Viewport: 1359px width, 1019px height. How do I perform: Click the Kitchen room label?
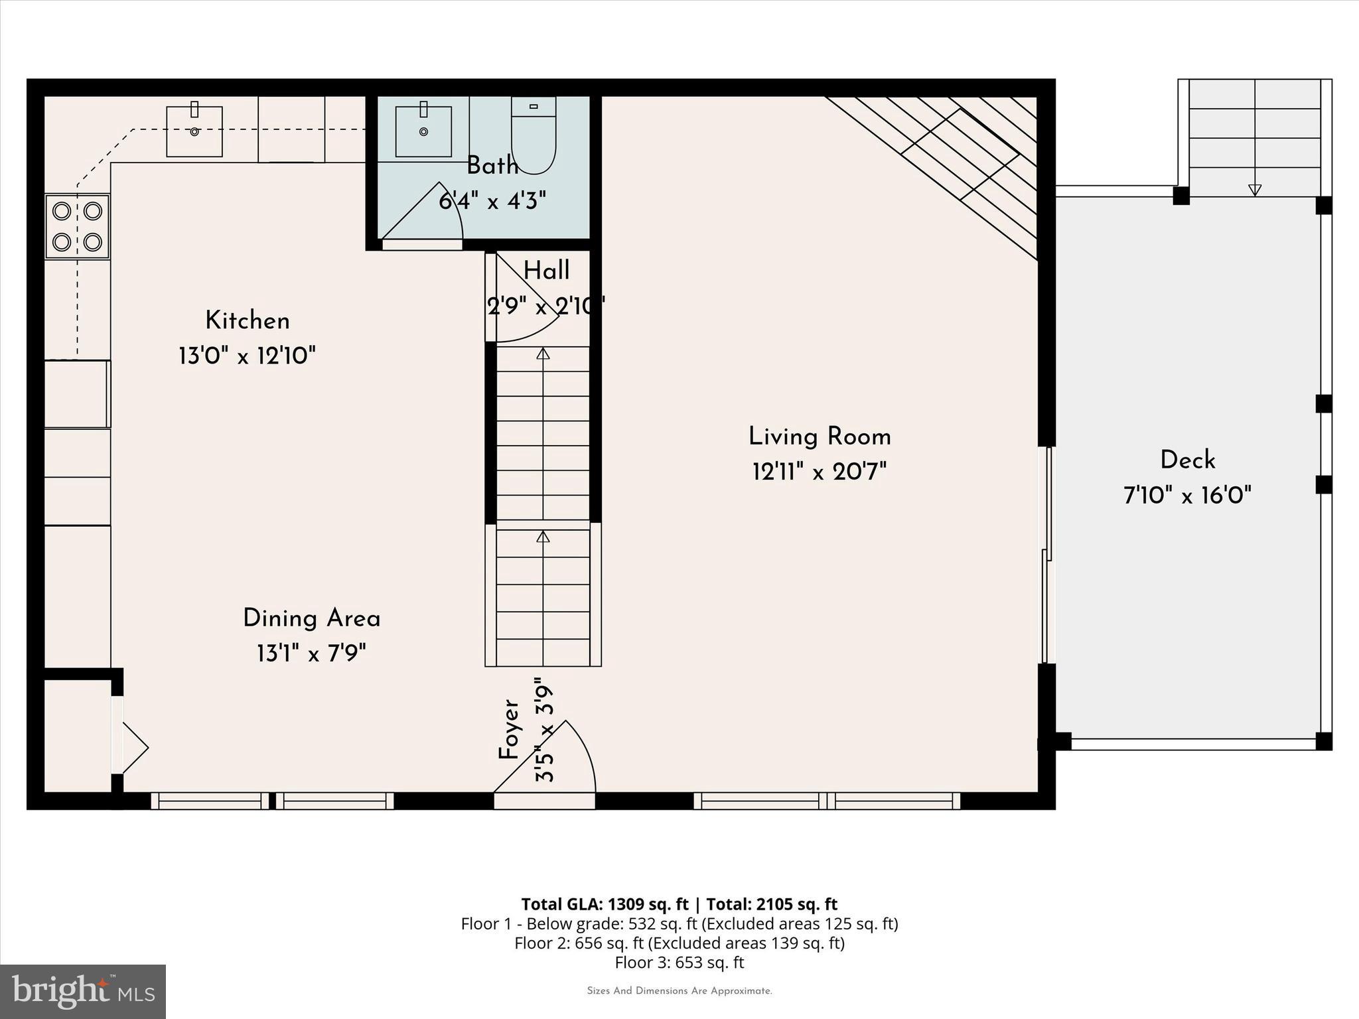247,321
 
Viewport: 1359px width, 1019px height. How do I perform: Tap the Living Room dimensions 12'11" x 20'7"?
819,472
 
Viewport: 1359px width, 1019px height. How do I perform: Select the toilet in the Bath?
534,135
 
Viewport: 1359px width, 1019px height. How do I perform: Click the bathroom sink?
423,131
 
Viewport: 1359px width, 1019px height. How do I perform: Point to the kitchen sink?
194,131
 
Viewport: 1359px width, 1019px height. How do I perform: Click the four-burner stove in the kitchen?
77,226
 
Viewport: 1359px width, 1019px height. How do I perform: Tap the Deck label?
1187,460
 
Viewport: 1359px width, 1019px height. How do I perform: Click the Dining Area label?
311,618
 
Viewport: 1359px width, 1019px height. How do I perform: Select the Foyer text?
508,730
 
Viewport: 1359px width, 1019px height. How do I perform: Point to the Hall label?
546,271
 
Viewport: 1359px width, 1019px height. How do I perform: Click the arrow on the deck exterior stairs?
1254,190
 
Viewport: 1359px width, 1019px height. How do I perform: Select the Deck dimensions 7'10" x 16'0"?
1187,496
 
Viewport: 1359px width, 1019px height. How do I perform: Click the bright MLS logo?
83,991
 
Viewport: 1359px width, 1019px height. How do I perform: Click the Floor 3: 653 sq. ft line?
679,963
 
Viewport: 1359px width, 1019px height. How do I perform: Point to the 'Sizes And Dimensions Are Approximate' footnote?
679,991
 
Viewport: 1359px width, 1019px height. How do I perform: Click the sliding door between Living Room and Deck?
1046,555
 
